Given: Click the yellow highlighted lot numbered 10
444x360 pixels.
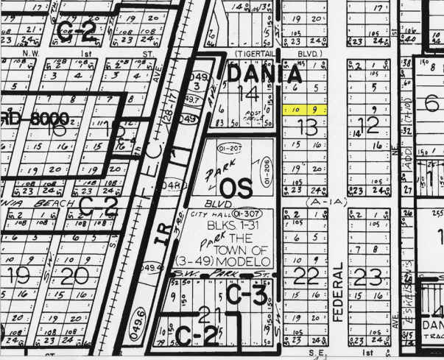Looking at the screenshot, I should coord(293,110).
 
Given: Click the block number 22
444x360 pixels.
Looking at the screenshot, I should coord(306,276).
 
